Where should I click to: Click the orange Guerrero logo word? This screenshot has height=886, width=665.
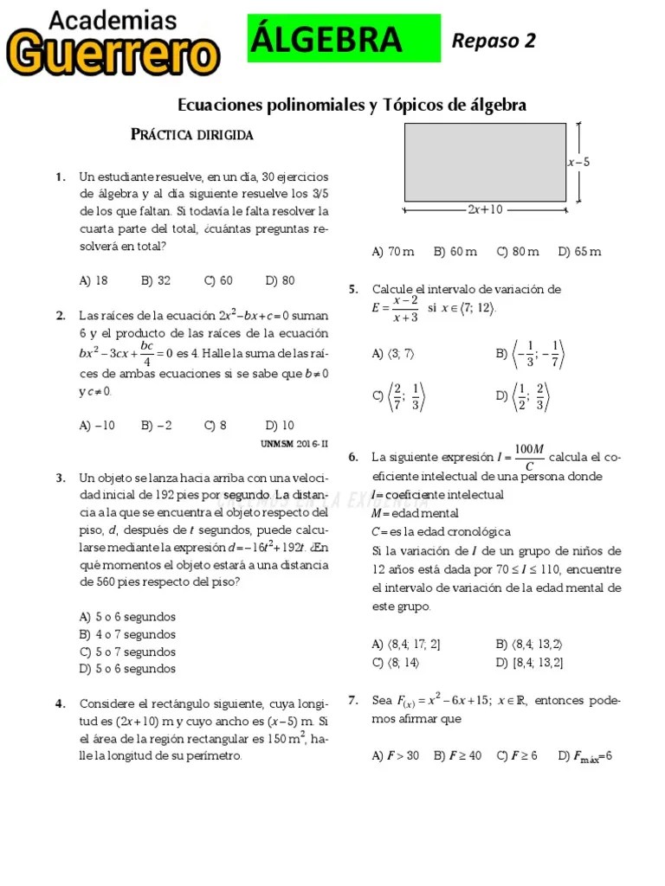(113, 54)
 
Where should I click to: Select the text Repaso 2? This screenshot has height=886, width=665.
(494, 40)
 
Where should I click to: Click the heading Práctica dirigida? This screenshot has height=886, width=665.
(191, 135)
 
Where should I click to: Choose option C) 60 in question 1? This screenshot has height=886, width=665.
(218, 280)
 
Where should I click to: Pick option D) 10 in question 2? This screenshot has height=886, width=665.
(280, 425)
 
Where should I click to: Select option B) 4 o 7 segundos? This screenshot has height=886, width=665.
(127, 634)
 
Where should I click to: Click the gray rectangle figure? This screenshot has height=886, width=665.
(485, 162)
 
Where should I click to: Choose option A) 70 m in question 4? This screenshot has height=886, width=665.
(392, 252)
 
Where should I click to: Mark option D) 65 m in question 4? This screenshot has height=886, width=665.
(579, 252)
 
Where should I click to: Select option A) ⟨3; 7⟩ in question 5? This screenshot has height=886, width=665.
(393, 353)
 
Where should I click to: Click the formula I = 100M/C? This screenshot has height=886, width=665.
(520, 457)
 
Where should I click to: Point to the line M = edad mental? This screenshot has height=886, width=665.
(415, 513)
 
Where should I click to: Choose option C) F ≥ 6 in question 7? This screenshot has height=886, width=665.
(517, 755)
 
